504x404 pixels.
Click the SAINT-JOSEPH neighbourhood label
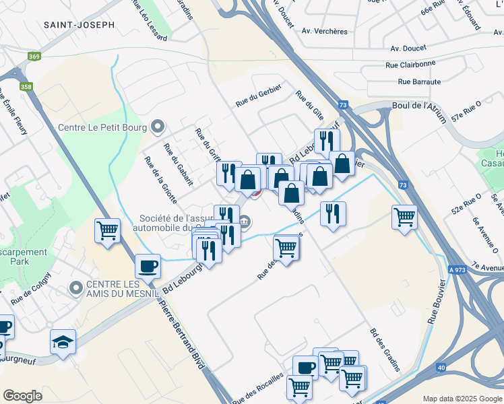tap(79, 24)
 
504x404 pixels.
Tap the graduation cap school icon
tap(63, 341)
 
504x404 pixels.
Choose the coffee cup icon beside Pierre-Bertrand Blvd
tap(148, 265)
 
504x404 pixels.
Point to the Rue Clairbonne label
tap(410, 64)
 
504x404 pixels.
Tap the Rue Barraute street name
tap(419, 81)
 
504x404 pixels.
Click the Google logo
tap(22, 396)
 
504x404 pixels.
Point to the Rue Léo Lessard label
tap(152, 26)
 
